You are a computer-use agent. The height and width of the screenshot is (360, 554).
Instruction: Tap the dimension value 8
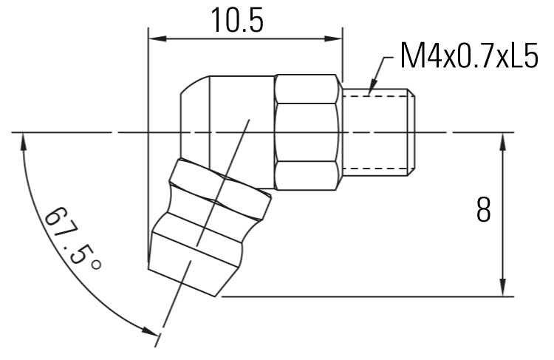[484, 211]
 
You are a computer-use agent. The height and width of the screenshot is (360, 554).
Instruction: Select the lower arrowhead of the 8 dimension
[503, 289]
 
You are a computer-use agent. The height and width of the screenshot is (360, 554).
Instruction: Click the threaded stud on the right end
[378, 133]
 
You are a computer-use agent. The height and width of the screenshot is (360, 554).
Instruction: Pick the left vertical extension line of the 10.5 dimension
[148, 148]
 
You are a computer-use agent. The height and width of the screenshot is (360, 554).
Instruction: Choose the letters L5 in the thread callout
[523, 57]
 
